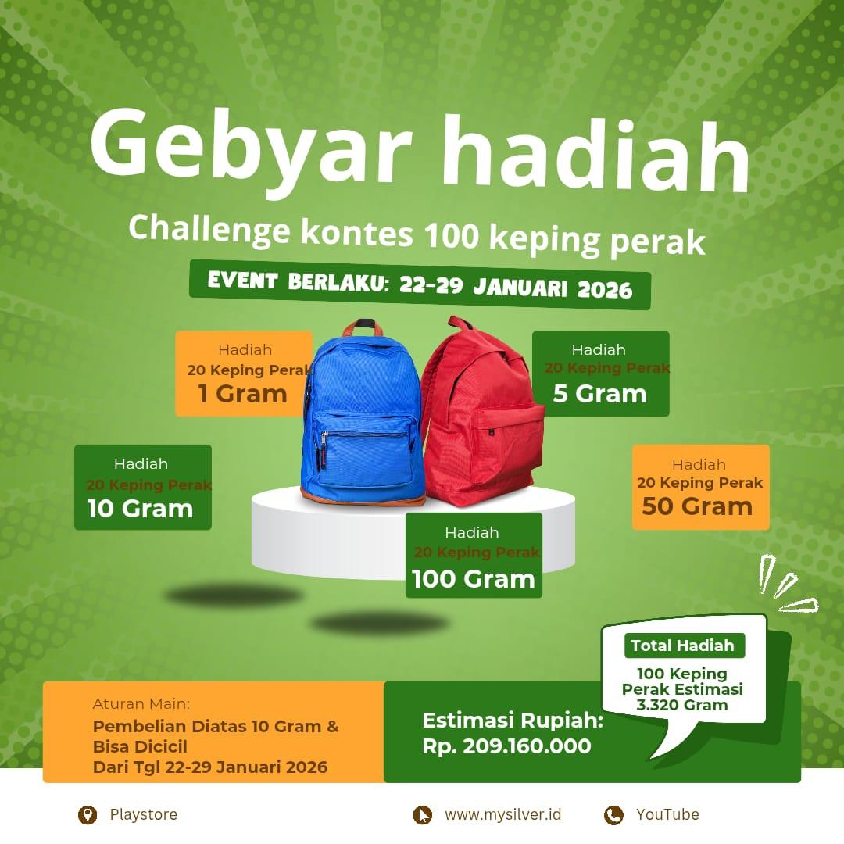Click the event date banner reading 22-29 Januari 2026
[420, 284]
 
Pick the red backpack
[481, 412]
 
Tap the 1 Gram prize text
[243, 393]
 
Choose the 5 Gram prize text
[599, 393]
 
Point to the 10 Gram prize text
[140, 509]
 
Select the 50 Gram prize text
[697, 506]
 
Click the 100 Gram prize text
[474, 579]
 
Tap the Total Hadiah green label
[684, 646]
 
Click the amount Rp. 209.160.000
[506, 746]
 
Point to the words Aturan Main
[141, 703]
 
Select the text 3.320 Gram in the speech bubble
[682, 705]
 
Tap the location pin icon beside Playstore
[88, 815]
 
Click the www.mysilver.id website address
[502, 814]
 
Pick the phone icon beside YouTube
[613, 815]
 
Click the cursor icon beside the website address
[423, 815]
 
